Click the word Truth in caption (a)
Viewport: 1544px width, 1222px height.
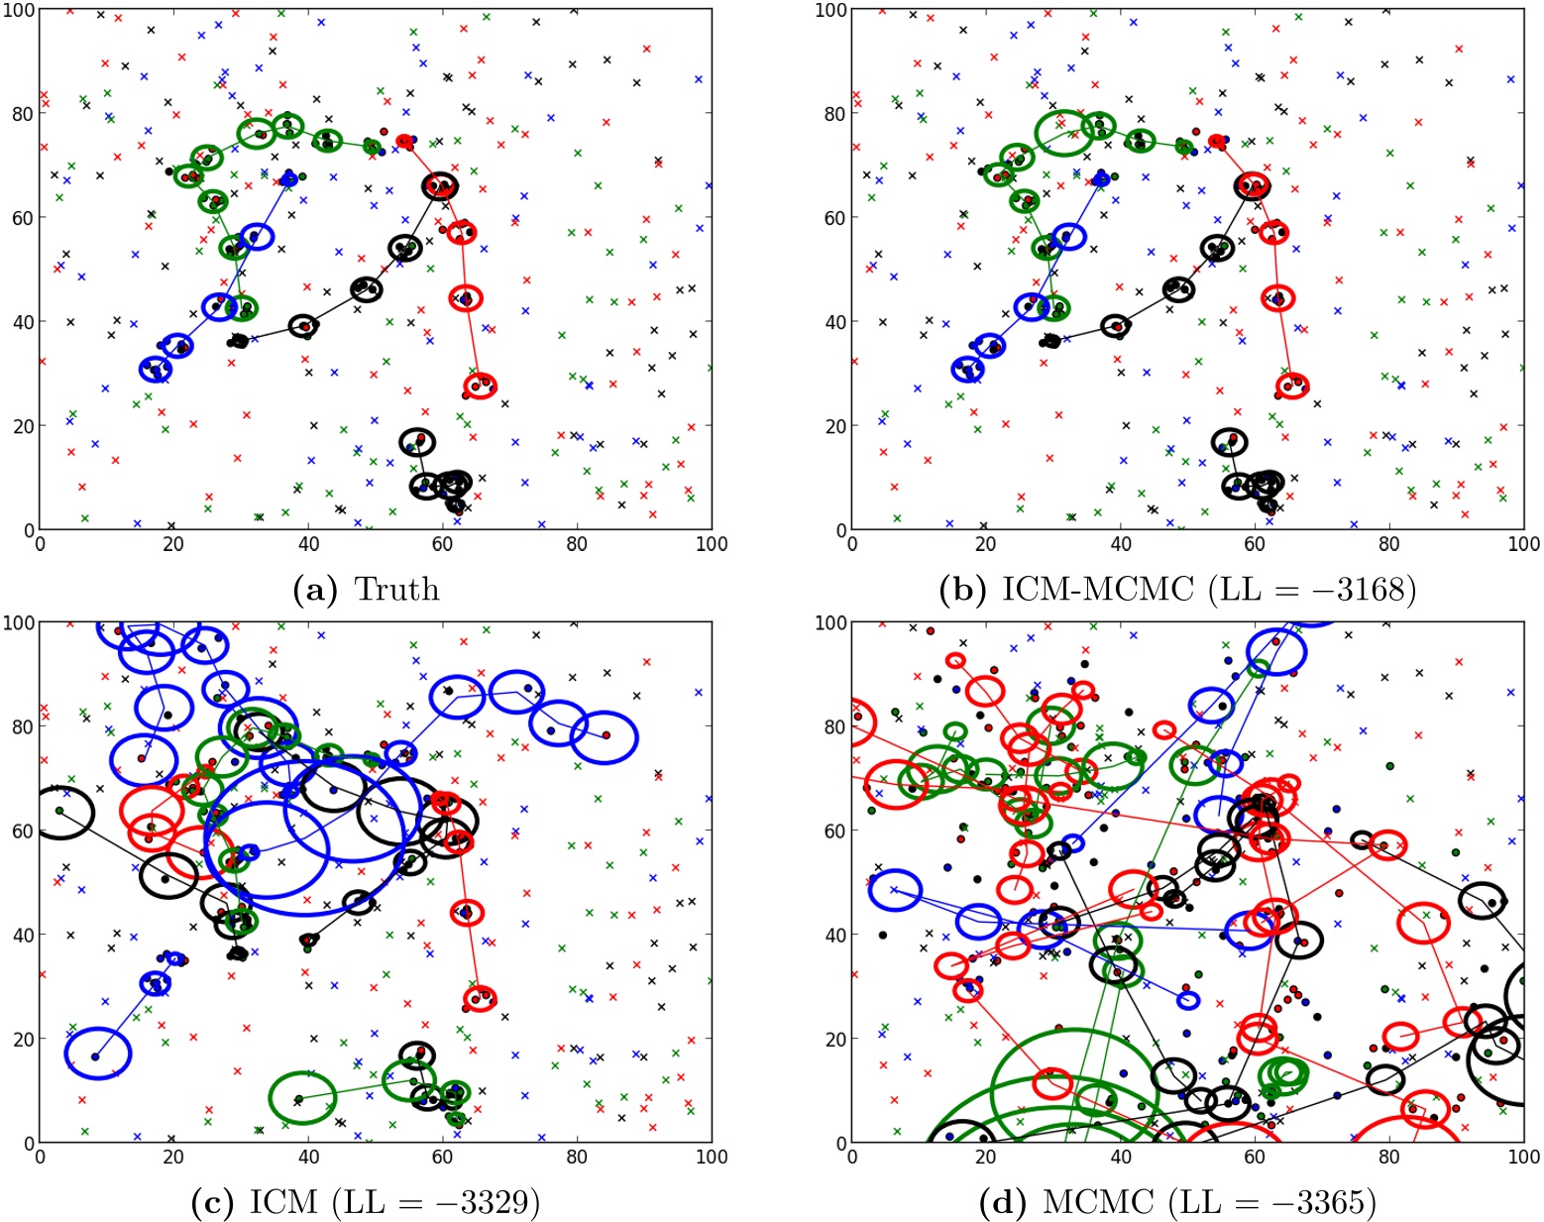pos(396,590)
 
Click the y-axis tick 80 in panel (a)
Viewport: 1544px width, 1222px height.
pos(21,113)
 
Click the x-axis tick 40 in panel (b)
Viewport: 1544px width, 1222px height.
pos(1121,544)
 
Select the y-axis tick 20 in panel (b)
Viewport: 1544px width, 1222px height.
pos(833,426)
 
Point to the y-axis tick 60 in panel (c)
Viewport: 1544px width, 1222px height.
pos(21,831)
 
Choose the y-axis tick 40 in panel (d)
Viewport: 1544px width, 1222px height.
pos(833,935)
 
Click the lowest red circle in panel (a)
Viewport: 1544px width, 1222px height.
pos(480,387)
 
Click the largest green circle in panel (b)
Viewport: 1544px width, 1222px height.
pos(1064,133)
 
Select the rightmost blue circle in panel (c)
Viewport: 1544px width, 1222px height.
pos(604,737)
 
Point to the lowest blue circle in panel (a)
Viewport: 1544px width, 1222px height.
pos(156,370)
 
